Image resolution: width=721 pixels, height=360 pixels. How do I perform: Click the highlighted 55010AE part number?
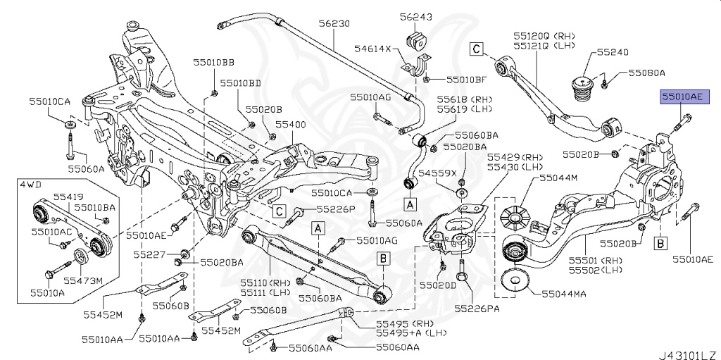coord(680,97)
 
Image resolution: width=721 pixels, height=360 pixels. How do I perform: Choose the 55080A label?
coord(647,73)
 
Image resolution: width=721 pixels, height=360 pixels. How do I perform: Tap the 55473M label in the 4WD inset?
coord(88,282)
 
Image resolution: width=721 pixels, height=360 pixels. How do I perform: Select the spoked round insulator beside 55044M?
coord(516,216)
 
